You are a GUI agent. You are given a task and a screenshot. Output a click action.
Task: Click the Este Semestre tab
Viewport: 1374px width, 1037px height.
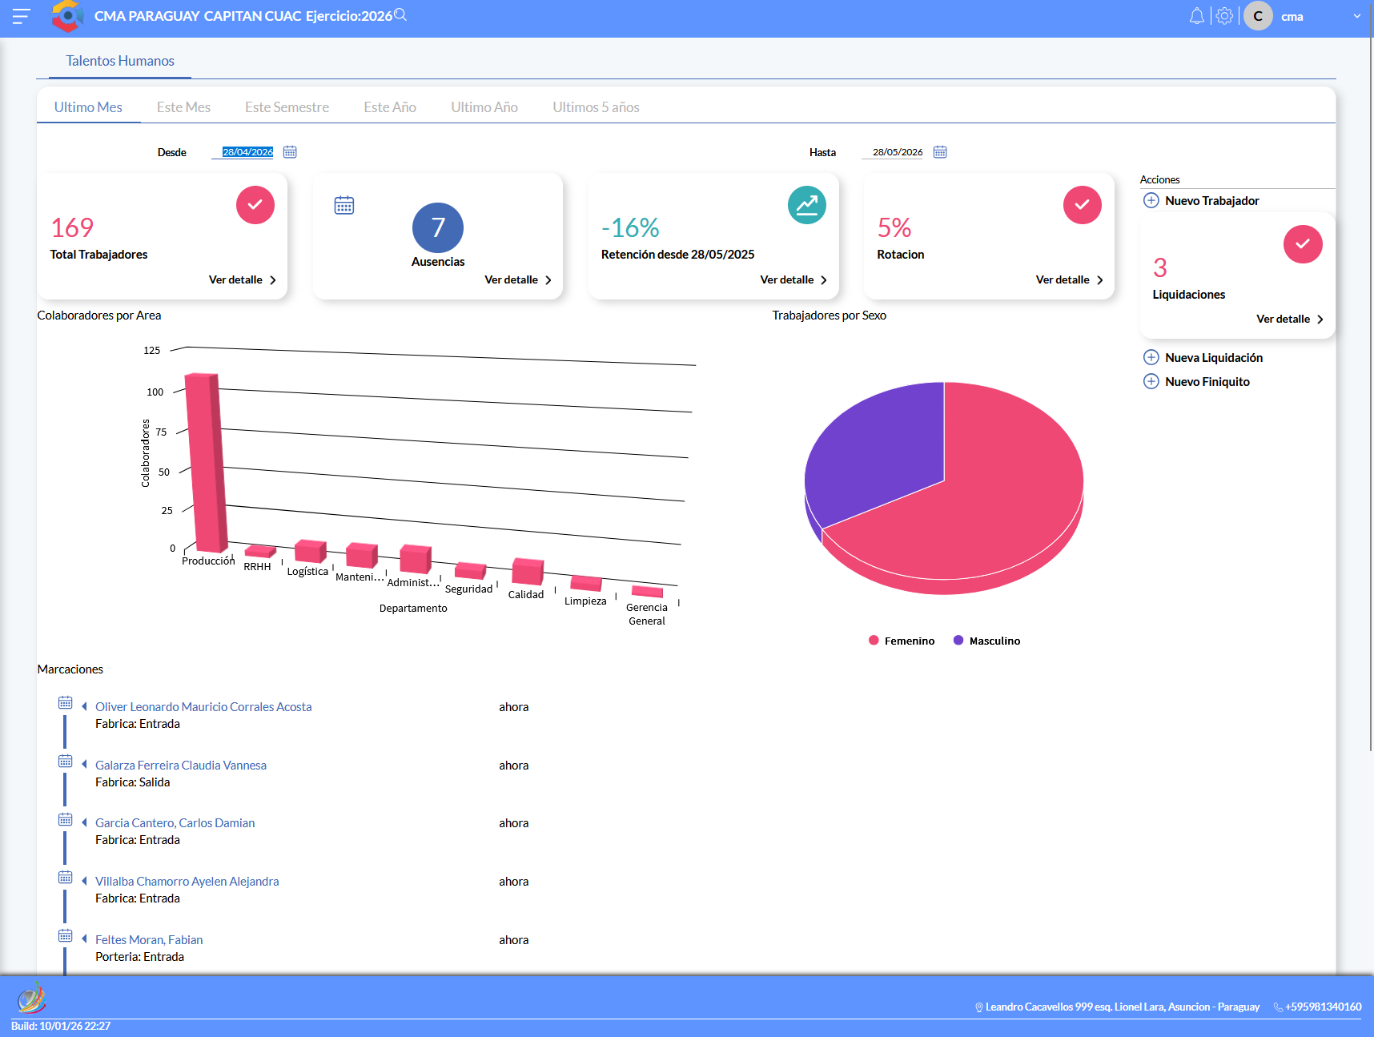[x=287, y=107]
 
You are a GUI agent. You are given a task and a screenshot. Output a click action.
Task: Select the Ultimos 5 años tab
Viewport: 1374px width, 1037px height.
[x=596, y=107]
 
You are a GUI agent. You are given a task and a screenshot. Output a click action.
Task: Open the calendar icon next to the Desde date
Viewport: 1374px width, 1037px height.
[x=290, y=152]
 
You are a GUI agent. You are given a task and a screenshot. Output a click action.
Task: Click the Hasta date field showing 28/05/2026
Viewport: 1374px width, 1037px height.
[x=898, y=152]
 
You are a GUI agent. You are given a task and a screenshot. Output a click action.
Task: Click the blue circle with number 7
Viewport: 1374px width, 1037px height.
[x=438, y=228]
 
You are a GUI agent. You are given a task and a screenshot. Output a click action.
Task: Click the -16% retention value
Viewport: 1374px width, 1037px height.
[x=630, y=228]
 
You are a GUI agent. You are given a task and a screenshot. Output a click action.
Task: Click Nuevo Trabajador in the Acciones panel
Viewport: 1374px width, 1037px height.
[x=1211, y=201]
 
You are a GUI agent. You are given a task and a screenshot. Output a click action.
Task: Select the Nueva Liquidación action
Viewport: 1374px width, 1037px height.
[x=1213, y=358]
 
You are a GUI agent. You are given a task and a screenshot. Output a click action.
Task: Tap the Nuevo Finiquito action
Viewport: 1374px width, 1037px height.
[x=1207, y=382]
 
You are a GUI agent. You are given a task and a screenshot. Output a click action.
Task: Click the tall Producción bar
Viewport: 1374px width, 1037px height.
[x=206, y=462]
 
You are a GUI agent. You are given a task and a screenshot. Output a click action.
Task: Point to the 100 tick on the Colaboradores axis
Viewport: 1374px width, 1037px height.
[x=155, y=392]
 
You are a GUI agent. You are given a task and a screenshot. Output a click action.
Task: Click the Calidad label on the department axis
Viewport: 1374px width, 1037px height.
[x=526, y=594]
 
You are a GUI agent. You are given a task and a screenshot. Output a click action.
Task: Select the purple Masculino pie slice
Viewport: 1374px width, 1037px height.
[x=873, y=452]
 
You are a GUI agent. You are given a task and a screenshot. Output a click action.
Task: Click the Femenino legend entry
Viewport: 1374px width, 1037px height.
[x=902, y=641]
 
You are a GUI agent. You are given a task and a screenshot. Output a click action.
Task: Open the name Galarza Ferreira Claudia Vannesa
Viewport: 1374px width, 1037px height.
[x=181, y=766]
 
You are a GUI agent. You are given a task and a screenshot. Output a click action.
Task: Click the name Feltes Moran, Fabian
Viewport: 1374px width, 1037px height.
[x=149, y=940]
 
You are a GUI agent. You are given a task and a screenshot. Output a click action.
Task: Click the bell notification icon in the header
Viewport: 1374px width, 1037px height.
[x=1196, y=16]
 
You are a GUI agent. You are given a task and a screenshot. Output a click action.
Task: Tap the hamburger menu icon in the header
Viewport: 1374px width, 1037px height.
[x=21, y=16]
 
